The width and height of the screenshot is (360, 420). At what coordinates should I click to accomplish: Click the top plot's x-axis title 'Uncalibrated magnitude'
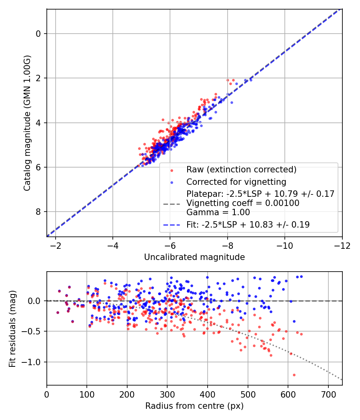pyautogui.click(x=194, y=257)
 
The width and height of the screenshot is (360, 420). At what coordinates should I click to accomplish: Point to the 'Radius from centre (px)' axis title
pyautogui.click(x=194, y=406)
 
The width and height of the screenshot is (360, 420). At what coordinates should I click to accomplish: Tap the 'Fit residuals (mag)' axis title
pyautogui.click(x=13, y=328)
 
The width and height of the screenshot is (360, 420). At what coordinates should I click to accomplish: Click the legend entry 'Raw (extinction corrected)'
pyautogui.click(x=241, y=170)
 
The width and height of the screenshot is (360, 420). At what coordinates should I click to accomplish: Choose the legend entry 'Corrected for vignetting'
pyautogui.click(x=236, y=182)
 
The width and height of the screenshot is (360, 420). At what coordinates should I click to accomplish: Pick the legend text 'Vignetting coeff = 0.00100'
pyautogui.click(x=243, y=203)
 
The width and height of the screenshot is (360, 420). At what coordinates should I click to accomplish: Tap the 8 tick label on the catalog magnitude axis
pyautogui.click(x=39, y=212)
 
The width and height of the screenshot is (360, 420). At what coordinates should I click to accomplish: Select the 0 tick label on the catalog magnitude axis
pyautogui.click(x=39, y=34)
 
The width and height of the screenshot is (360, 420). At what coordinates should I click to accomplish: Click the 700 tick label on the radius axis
pyautogui.click(x=328, y=394)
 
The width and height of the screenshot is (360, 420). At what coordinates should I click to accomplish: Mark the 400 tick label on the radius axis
pyautogui.click(x=208, y=394)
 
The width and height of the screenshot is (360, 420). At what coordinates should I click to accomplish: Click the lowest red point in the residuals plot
pyautogui.click(x=294, y=375)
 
